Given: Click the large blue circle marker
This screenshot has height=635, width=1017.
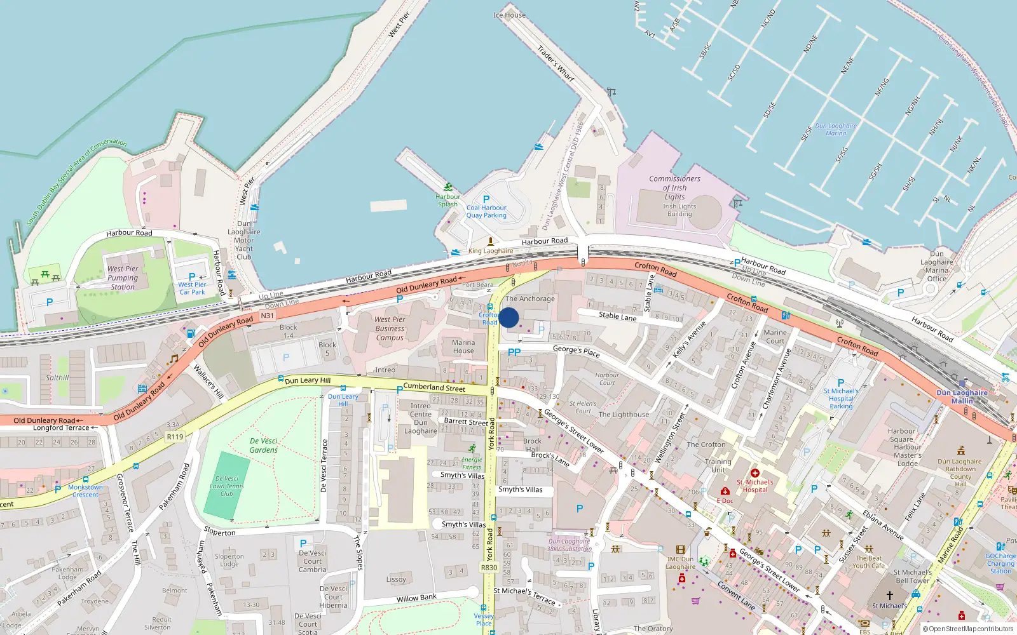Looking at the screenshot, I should (x=508, y=317).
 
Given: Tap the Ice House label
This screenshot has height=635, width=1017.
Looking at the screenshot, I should (x=509, y=15).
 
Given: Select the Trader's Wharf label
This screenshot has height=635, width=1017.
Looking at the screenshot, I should (x=556, y=63).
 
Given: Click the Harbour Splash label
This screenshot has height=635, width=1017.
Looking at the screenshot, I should (x=447, y=200).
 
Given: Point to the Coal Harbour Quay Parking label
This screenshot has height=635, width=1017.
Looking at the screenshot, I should (x=486, y=211).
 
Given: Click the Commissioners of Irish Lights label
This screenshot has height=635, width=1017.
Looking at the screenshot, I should (x=674, y=187).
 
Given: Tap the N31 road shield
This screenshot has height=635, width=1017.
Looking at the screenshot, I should (x=267, y=316).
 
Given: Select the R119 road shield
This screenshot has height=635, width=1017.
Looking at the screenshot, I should (x=175, y=437).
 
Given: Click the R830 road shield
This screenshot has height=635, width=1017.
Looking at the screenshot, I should (x=489, y=568).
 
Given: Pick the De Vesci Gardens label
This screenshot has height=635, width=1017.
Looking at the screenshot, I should (x=263, y=445).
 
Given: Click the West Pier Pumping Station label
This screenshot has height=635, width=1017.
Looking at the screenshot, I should (x=123, y=277).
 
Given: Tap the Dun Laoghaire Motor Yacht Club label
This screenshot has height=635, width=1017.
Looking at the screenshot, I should (x=244, y=240).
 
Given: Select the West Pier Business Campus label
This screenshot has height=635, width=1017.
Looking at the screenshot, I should (x=390, y=328).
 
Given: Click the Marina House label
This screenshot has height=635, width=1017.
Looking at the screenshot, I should (x=463, y=347).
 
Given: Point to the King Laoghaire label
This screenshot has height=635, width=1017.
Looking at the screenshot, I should (x=490, y=251).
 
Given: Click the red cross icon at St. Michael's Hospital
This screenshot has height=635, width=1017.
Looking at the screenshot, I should (x=755, y=473).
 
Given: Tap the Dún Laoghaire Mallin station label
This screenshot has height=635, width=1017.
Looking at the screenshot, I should (x=962, y=397).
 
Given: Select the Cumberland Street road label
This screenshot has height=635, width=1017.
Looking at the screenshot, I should (x=434, y=387).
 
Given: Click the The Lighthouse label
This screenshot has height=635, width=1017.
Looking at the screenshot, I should (x=624, y=415).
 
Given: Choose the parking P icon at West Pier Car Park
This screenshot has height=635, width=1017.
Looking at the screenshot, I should (x=192, y=277).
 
